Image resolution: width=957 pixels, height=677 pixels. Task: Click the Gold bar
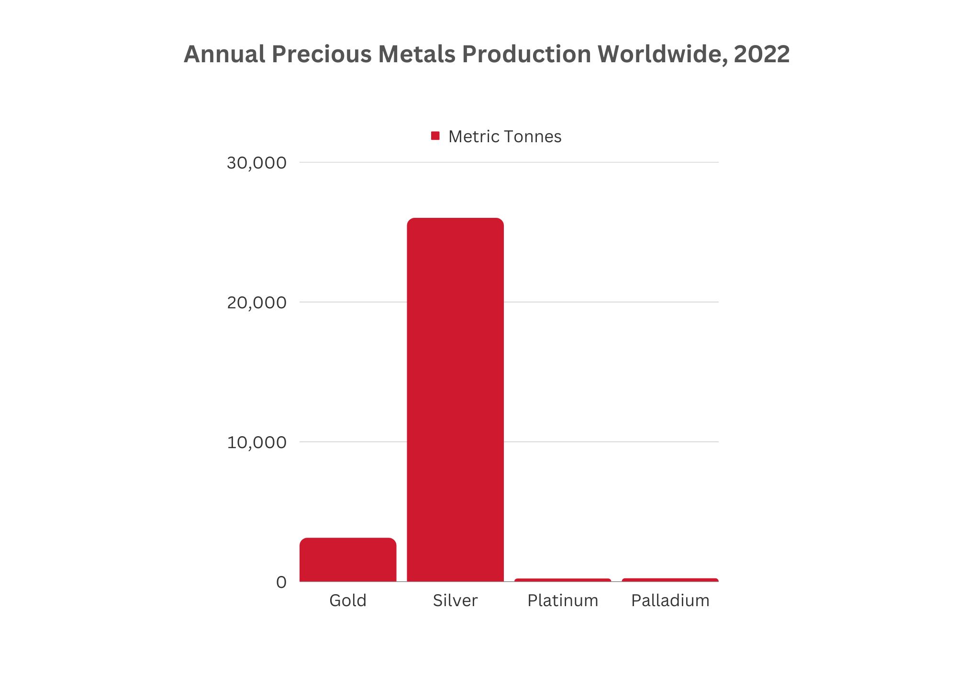click(348, 559)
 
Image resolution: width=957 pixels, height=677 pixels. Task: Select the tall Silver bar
click(455, 400)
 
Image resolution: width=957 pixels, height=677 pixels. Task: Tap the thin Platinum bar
click(563, 580)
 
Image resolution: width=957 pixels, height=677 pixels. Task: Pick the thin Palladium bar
click(670, 580)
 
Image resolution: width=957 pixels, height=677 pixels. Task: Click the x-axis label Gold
click(348, 600)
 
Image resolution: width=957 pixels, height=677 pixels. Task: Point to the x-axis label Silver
click(455, 600)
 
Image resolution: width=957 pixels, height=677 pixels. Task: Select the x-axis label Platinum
click(563, 600)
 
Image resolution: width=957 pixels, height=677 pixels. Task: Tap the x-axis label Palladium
click(670, 600)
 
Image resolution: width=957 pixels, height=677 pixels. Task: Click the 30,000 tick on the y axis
click(256, 163)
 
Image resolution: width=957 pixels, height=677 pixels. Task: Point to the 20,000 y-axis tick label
click(256, 303)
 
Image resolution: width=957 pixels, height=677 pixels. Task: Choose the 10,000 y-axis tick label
click(256, 442)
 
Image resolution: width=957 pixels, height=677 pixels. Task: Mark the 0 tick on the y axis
click(281, 582)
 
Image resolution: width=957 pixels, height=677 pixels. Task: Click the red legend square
click(435, 136)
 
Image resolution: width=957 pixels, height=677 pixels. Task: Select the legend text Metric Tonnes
click(504, 137)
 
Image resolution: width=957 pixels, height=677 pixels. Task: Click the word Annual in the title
click(224, 54)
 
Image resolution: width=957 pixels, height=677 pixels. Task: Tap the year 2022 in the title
click(761, 54)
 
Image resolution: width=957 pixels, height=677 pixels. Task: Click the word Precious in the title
click(322, 54)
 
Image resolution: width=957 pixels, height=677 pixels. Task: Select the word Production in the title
click(526, 54)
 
